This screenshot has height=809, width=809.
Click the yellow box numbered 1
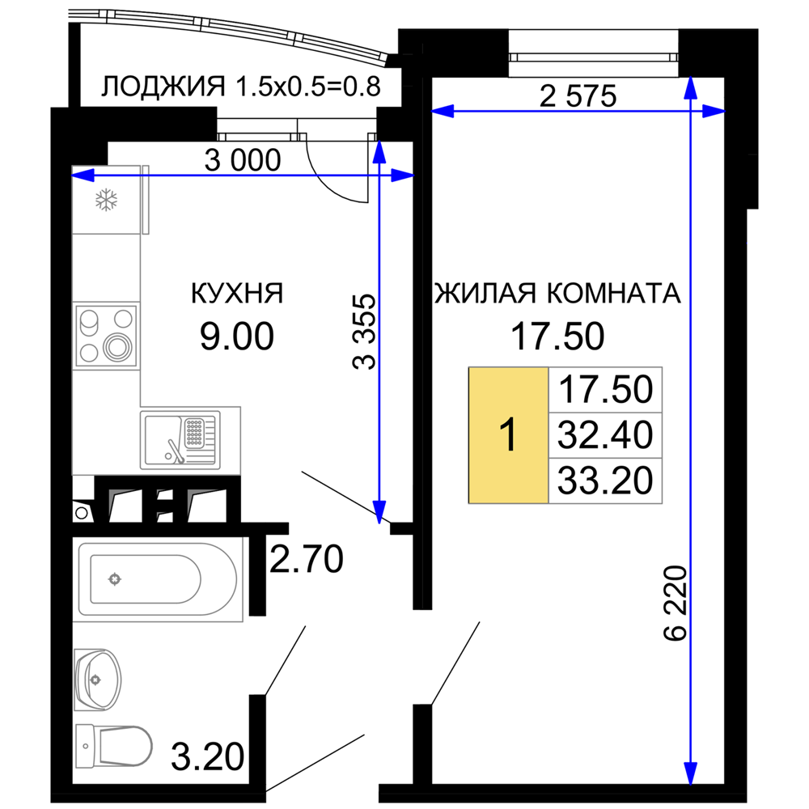pyautogui.click(x=508, y=435)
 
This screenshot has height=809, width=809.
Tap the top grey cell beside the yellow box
pyautogui.click(x=605, y=390)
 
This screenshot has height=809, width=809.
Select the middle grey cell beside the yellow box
pyautogui.click(x=605, y=435)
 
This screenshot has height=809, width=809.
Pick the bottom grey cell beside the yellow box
pyautogui.click(x=605, y=481)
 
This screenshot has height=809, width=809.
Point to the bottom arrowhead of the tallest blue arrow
pyautogui.click(x=690, y=773)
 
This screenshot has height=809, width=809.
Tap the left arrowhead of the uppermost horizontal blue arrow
pyautogui.click(x=443, y=111)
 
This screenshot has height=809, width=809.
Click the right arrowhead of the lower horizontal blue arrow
pyautogui.click(x=401, y=175)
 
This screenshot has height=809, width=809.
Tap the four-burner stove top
pyautogui.click(x=106, y=336)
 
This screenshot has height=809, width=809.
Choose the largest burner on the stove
pyautogui.click(x=120, y=349)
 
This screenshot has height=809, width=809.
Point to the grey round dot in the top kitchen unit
pyautogui.click(x=106, y=199)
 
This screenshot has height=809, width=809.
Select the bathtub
pyautogui.click(x=158, y=579)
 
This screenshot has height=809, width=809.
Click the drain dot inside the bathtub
pyautogui.click(x=115, y=578)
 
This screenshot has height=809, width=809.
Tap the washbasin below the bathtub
pyautogui.click(x=99, y=676)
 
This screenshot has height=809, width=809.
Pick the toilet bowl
pyautogui.click(x=125, y=745)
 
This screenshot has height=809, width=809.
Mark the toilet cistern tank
pyautogui.click(x=85, y=745)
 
